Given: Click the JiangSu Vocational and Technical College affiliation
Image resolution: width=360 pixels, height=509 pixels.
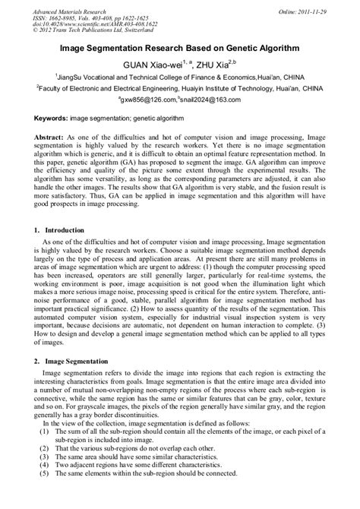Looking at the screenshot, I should pyautogui.click(x=180, y=77).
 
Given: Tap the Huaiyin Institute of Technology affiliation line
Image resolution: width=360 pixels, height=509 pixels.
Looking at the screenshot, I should pyautogui.click(x=180, y=88).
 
